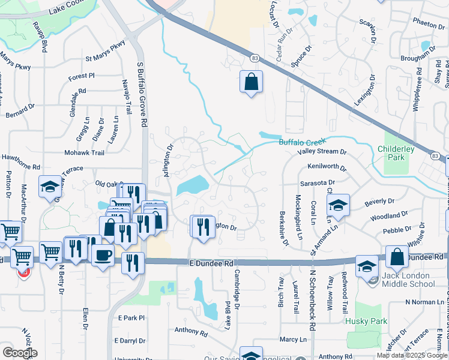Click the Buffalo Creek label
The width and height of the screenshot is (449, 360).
[301, 142]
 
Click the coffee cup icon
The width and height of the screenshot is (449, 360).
[103, 256]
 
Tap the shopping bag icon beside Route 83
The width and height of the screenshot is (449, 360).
[251, 82]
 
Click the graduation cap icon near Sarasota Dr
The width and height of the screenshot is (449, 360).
[338, 205]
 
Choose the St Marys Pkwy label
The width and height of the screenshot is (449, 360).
[106, 59]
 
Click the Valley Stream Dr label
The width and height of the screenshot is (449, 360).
[323, 152]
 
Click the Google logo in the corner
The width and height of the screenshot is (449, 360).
[19, 352]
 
